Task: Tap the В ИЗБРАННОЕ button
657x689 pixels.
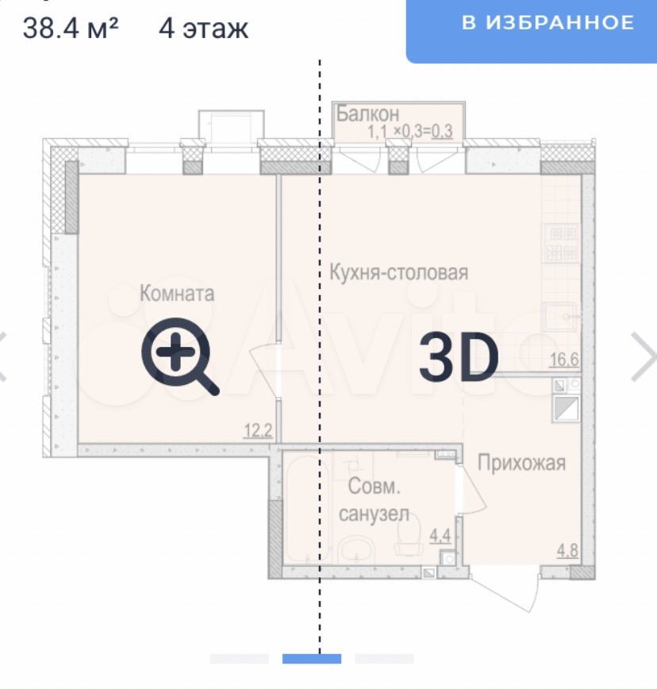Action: pos(532,30)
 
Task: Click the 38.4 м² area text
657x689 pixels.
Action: pos(71,28)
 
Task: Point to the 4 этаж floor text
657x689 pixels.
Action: pos(203,29)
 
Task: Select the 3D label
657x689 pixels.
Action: pos(458,356)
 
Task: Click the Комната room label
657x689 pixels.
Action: pos(177,293)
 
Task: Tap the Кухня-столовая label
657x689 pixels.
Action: pos(398,272)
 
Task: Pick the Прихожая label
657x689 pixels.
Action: pos(521,463)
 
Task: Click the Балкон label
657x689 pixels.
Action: pos(368,114)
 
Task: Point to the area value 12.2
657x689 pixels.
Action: pos(258,430)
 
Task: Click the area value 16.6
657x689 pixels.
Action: pos(564,359)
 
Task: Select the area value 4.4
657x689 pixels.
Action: pos(440,535)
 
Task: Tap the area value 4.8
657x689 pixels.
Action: pos(567,550)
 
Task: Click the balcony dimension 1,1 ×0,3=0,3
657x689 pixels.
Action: pos(409,131)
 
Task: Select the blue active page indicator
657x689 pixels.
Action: pos(312,658)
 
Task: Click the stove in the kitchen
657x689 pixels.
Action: pos(562,243)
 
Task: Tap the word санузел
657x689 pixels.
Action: pos(374,514)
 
